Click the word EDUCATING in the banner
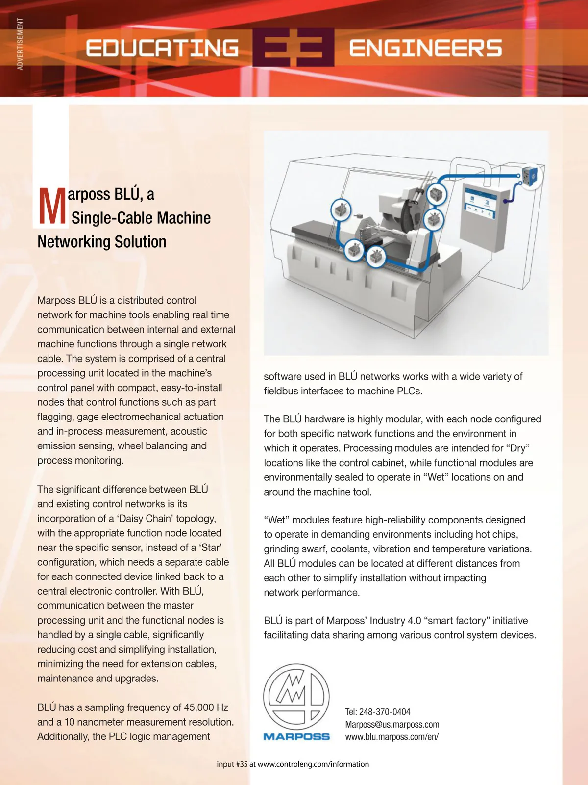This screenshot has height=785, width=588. point(162,48)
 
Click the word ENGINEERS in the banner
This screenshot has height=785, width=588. point(425,48)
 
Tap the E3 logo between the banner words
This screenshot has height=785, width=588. point(294,48)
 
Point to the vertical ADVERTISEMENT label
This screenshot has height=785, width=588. point(20,44)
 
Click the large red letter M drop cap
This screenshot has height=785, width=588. point(51,207)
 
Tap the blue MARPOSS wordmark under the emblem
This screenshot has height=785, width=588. point(296,736)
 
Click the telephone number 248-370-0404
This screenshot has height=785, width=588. point(385,712)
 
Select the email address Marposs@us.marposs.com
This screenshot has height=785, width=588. point(392,725)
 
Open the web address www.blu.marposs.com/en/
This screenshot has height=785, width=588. point(392,737)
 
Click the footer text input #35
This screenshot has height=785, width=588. point(232,764)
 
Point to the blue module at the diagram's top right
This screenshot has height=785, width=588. point(530,175)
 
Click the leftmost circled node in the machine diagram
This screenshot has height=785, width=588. point(341,210)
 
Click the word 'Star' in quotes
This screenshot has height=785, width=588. point(211,548)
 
